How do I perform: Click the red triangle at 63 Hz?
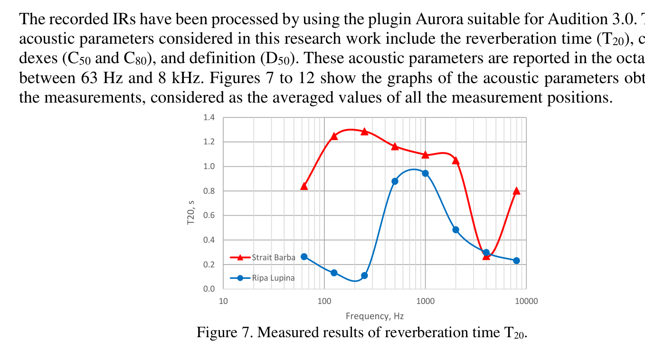coord(304,186)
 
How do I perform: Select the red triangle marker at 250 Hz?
coord(364,132)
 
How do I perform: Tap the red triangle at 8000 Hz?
coord(516,191)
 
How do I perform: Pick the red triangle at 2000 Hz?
coord(455,161)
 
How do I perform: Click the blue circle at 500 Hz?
coord(395,181)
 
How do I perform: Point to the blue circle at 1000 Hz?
coord(425,173)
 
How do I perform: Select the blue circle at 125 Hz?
coord(334,273)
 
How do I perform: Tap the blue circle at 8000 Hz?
coord(516,260)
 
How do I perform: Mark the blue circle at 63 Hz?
coord(304,256)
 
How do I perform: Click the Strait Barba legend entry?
coord(273,257)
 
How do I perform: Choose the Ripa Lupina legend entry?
coord(273,278)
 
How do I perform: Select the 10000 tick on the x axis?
coord(526,301)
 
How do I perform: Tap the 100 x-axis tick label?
coord(324,301)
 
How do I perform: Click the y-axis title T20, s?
coord(191,212)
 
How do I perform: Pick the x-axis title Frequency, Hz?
coord(375,316)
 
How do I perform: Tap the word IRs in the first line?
coord(127,19)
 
